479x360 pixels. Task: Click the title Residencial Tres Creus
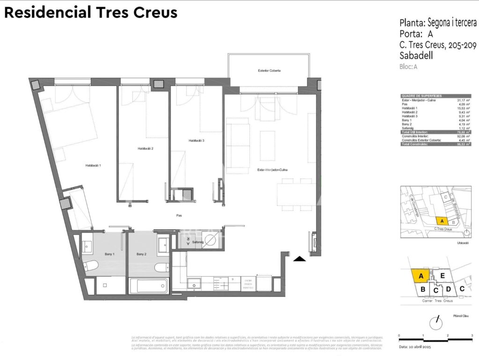pos(91,12)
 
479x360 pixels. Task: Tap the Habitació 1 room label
pos(93,165)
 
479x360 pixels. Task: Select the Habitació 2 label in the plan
pos(145,148)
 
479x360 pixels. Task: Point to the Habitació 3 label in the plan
pos(196,140)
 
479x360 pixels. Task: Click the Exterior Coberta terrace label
pos(269,71)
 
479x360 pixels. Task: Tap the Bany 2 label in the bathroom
pos(142,254)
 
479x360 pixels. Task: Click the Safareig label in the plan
pos(197,242)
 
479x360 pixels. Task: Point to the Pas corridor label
pos(179,216)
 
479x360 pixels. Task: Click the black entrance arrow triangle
pos(299,258)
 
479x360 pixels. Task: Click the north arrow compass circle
pos(436,323)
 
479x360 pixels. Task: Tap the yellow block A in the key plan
pos(421,276)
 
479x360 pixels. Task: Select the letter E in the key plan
pos(442,276)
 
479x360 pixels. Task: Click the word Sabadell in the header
pos(416,56)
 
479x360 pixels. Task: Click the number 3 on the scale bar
pos(472,336)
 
